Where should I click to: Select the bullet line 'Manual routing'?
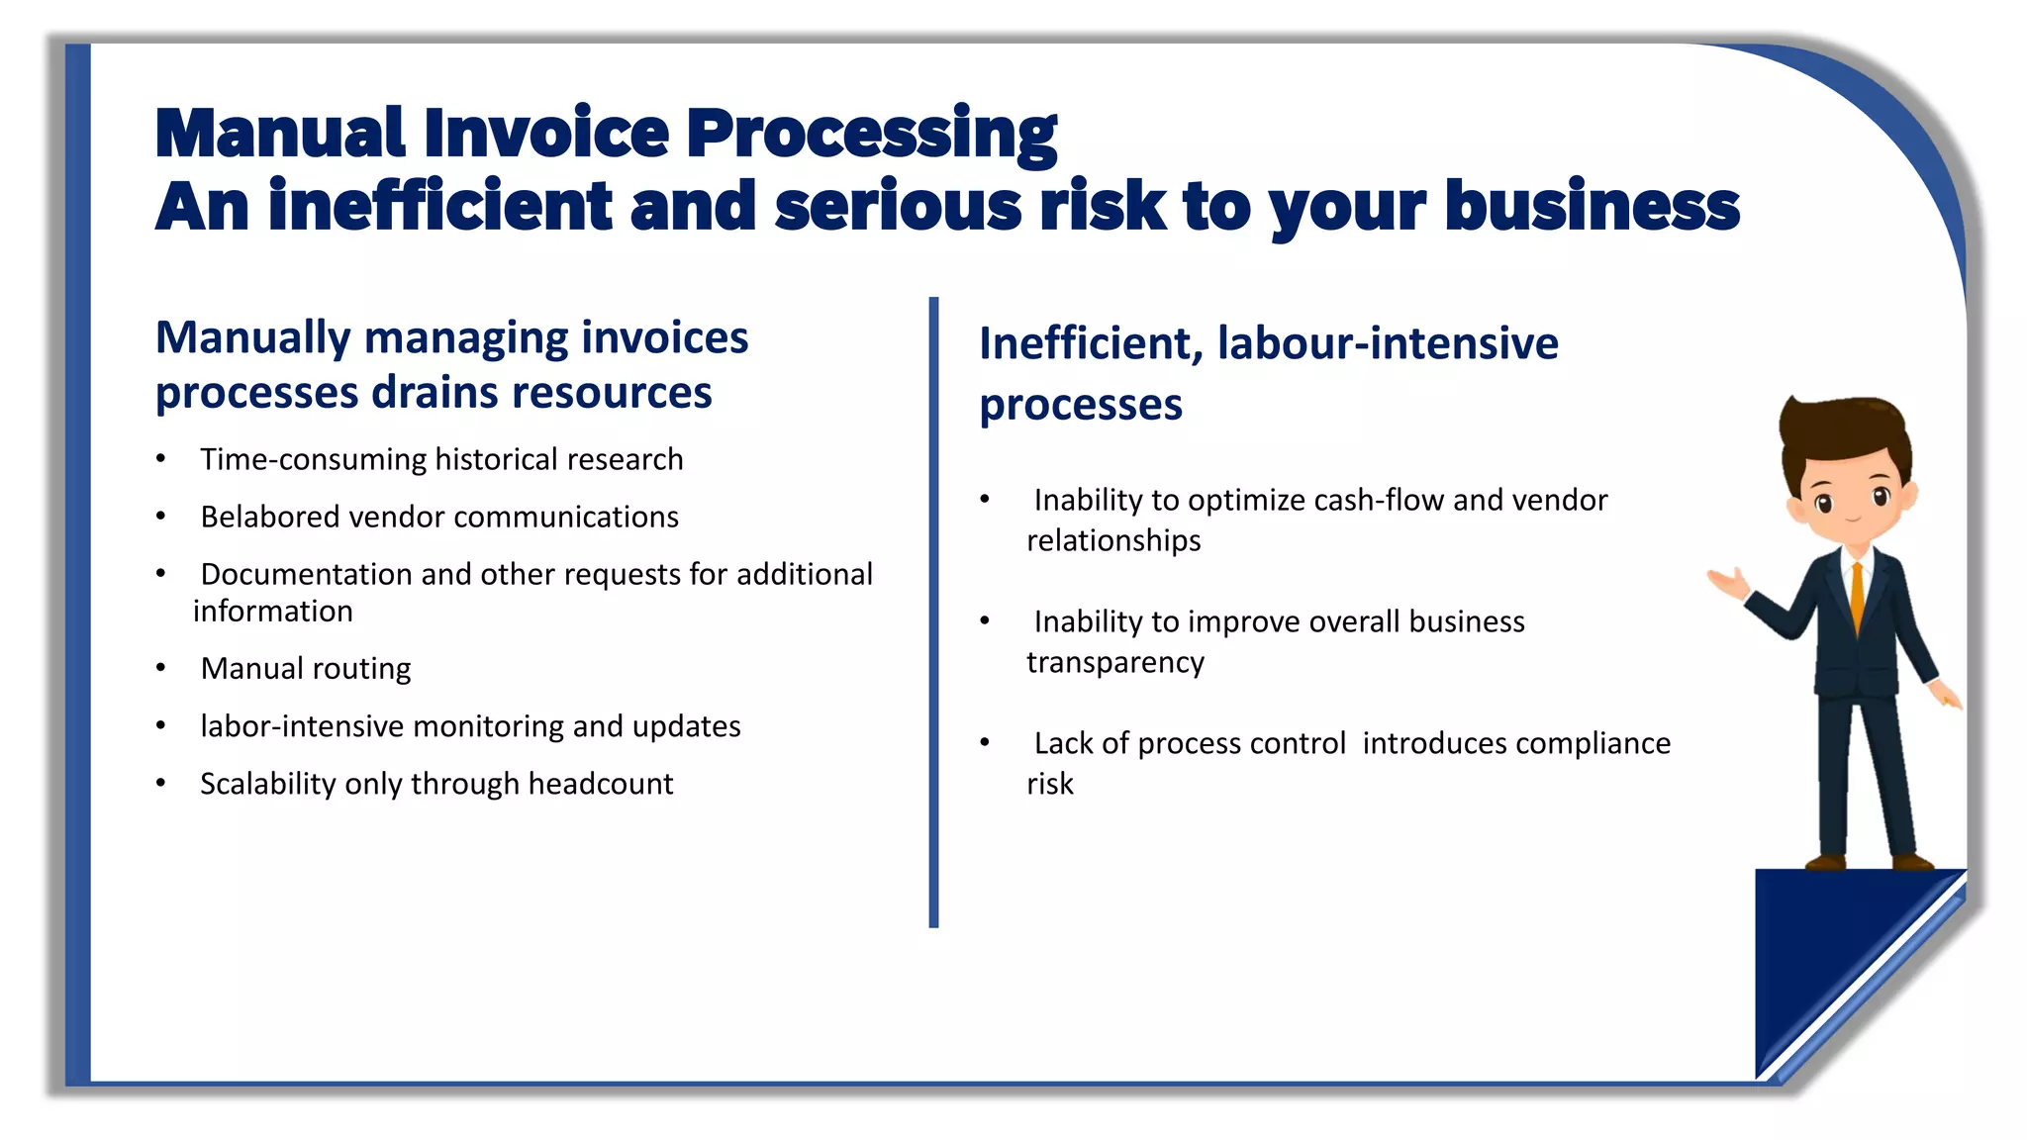[305, 669]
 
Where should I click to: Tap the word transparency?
[1114, 662]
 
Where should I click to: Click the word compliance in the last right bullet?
[1592, 743]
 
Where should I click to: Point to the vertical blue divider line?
[933, 614]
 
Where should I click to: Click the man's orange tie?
[1857, 594]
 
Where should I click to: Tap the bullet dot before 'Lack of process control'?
[985, 742]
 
